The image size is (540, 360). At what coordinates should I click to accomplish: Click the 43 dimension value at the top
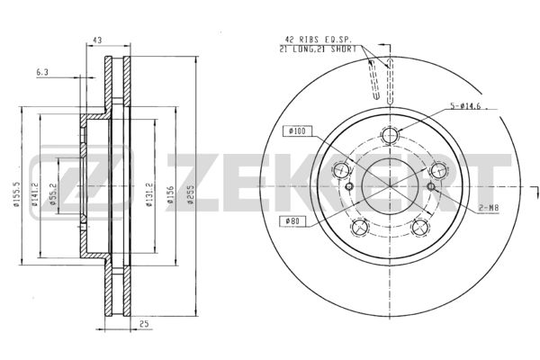(97, 40)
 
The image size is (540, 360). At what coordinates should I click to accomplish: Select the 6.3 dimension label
(42, 72)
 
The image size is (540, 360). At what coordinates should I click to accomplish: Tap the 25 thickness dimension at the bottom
(144, 324)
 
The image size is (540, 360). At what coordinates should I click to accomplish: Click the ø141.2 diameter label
(35, 194)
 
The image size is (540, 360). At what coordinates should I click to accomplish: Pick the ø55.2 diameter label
(53, 194)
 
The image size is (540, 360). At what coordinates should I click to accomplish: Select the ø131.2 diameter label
(149, 194)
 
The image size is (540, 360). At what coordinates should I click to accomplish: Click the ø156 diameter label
(170, 194)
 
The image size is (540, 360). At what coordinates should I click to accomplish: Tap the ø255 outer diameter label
(191, 194)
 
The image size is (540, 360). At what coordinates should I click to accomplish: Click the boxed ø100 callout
(298, 131)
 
